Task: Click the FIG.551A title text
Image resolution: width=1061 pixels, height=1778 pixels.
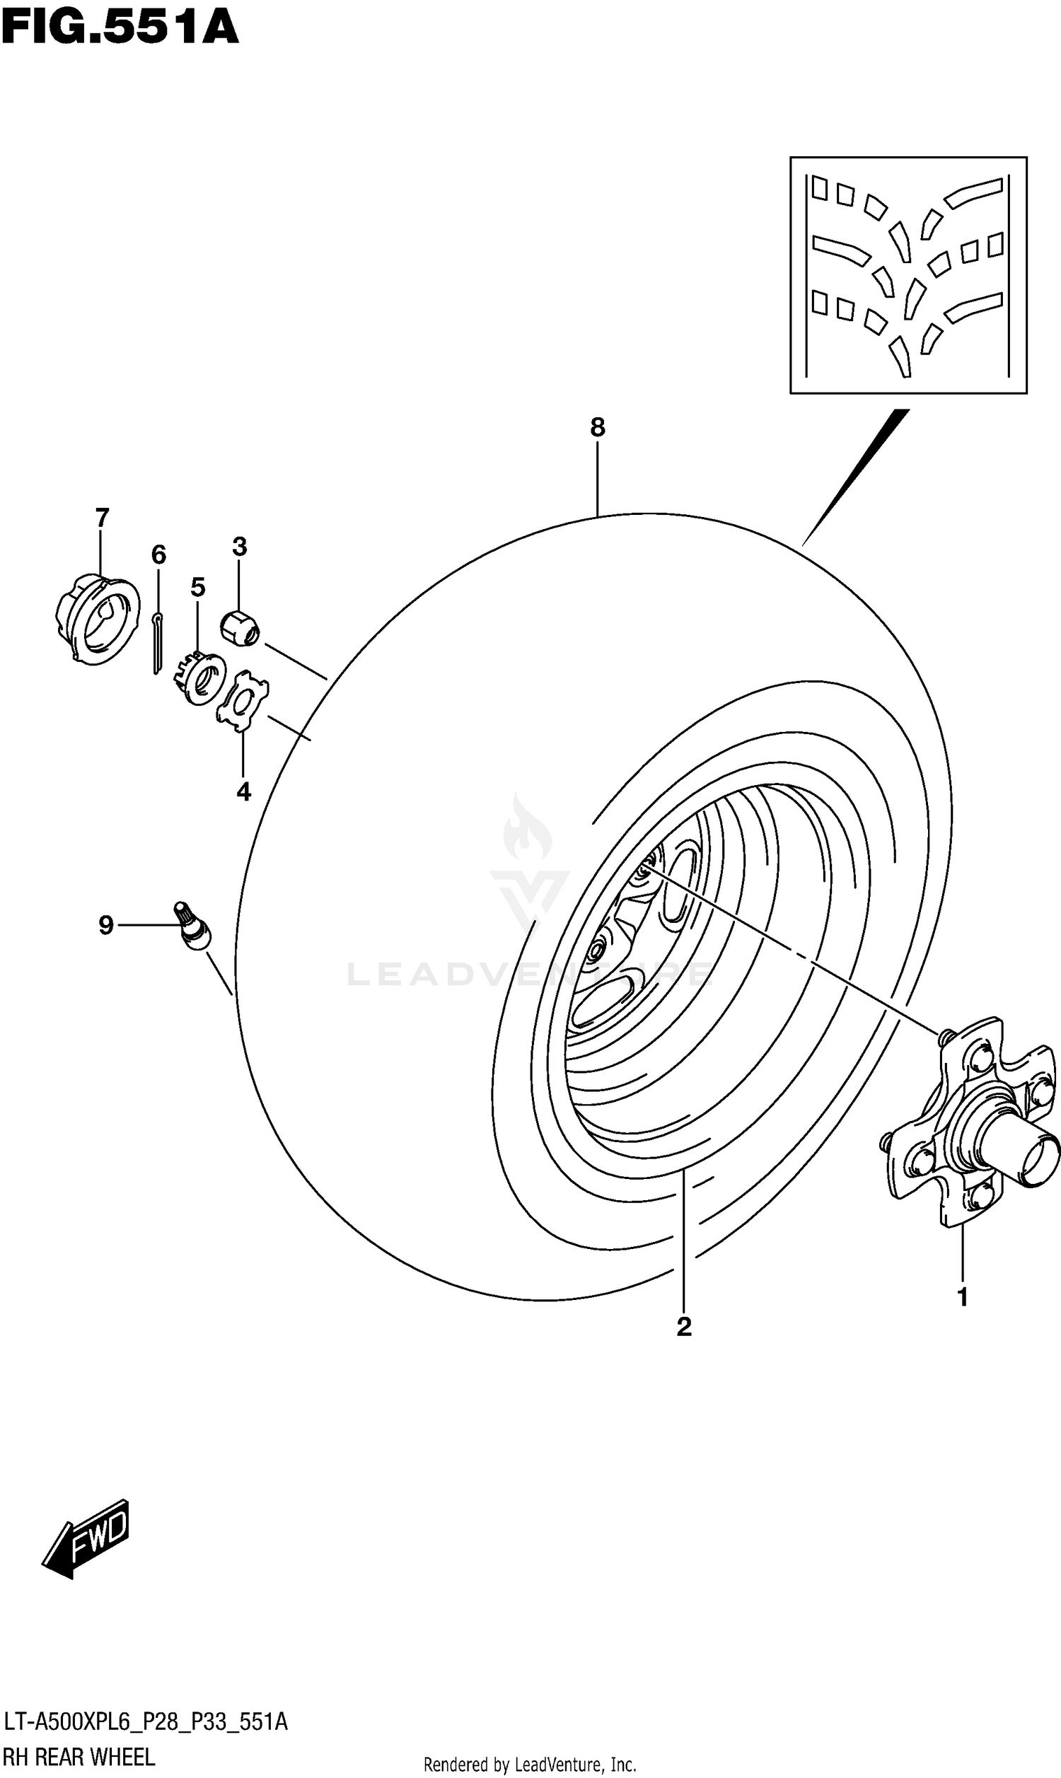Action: coord(120,28)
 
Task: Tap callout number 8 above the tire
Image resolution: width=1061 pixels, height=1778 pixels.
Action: coord(598,427)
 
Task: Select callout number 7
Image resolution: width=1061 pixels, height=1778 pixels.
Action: coord(102,516)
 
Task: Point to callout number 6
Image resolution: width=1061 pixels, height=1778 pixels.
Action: coord(158,554)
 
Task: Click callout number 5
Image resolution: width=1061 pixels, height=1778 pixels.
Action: coord(198,587)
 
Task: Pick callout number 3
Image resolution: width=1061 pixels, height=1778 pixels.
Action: coord(240,547)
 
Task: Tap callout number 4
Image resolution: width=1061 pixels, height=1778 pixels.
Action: coord(244,791)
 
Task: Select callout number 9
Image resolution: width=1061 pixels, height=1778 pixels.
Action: coord(106,926)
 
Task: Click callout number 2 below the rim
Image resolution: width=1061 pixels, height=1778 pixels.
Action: coord(684,1326)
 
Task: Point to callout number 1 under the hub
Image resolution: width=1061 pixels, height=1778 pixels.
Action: coord(963,1296)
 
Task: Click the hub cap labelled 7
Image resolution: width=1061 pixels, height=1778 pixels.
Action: coord(97,619)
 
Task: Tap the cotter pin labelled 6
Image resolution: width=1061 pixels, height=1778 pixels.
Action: coord(157,643)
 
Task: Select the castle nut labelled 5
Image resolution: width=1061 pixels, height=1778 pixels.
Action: coord(202,675)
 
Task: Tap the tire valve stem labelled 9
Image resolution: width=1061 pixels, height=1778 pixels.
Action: coord(193,929)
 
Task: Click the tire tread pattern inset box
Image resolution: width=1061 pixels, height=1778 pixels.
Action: coord(908,275)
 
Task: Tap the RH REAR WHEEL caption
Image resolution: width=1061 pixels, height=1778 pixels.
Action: coord(79,1757)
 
